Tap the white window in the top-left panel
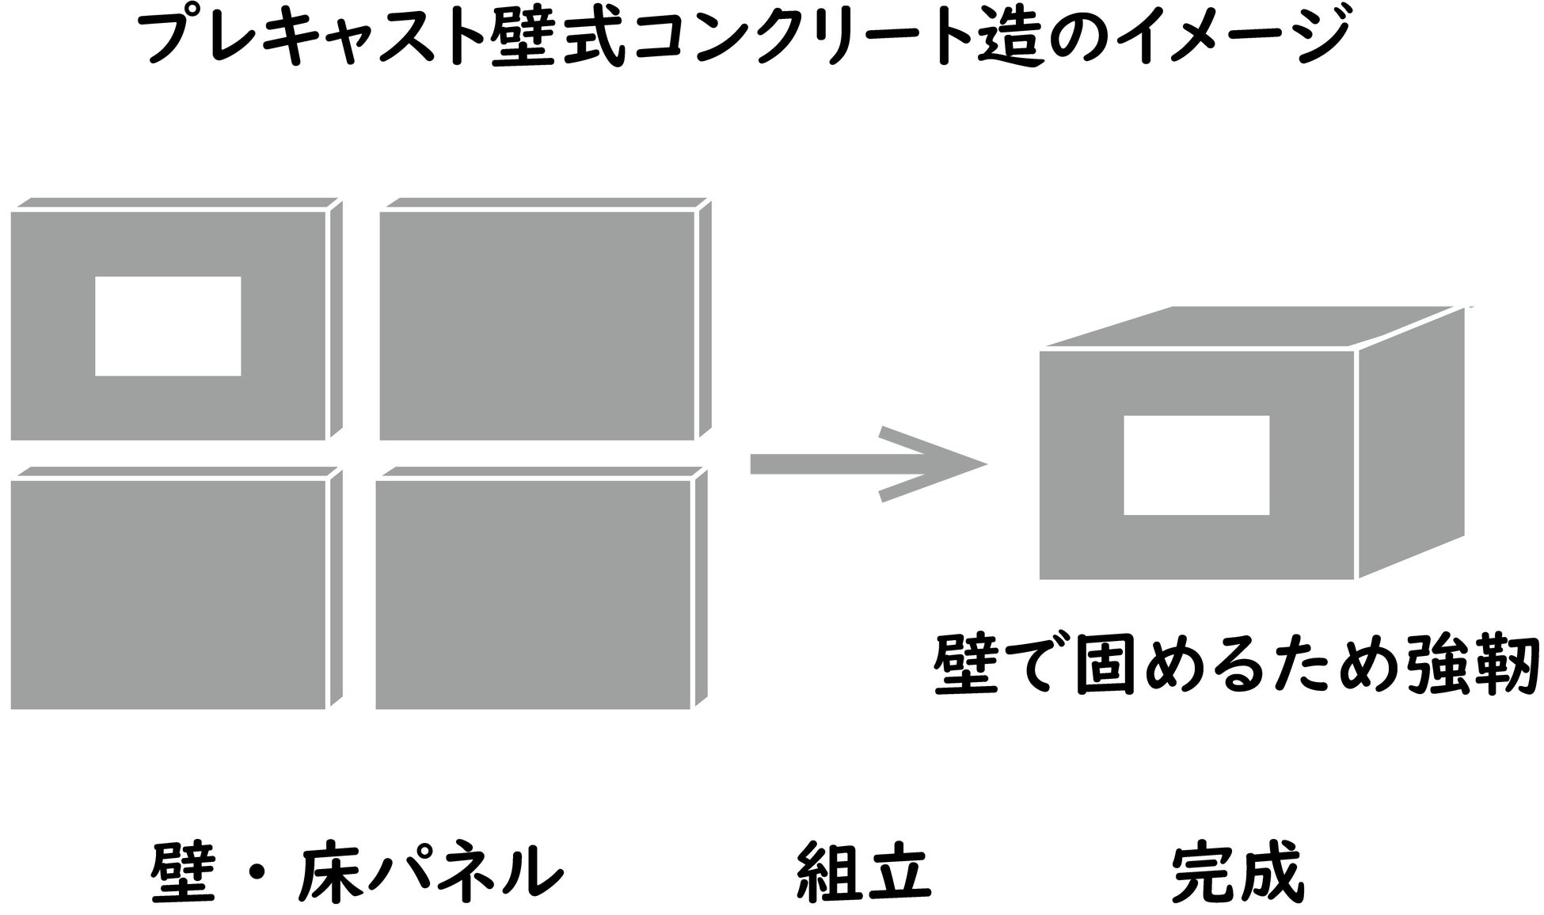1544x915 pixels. tap(168, 326)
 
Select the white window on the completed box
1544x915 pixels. tap(1196, 465)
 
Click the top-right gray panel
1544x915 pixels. tap(537, 325)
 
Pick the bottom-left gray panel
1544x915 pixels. tap(168, 594)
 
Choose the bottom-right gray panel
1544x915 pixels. tap(533, 594)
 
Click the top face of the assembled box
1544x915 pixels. tap(1251, 327)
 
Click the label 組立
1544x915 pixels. tap(862, 872)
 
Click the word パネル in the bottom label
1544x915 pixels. tap(467, 872)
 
